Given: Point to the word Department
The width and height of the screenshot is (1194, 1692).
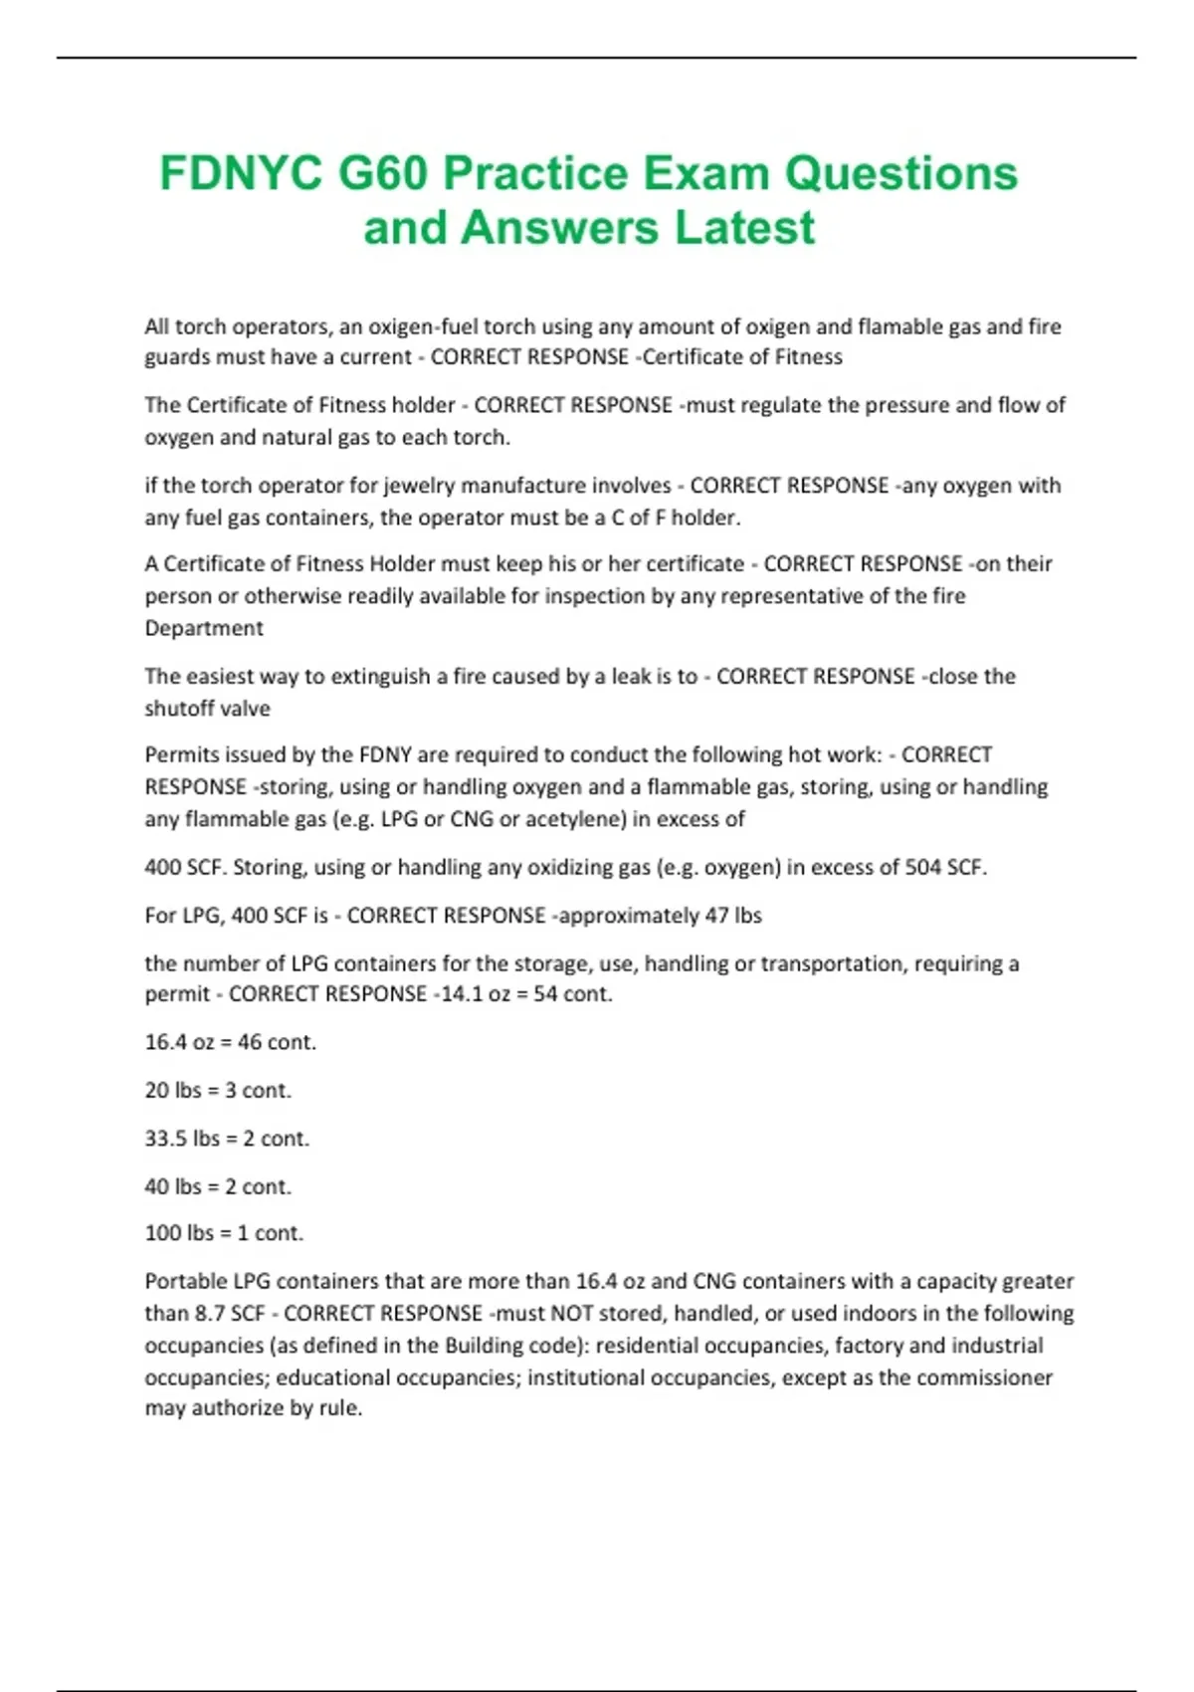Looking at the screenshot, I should pos(204,628).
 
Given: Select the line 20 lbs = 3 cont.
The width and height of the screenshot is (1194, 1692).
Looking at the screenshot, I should pos(218,1091).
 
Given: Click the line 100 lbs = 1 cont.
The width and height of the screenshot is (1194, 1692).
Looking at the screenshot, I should pos(224,1233).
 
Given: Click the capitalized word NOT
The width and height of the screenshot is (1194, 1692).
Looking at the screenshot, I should pos(572,1314).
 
